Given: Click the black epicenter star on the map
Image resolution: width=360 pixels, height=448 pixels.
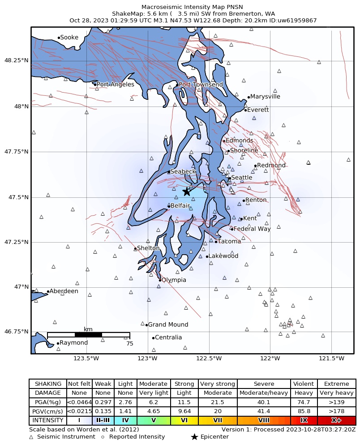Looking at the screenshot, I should click(186, 192).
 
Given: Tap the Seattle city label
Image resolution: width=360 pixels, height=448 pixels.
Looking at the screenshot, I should click(241, 178).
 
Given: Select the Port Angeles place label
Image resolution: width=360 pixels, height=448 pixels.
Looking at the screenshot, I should click(115, 84).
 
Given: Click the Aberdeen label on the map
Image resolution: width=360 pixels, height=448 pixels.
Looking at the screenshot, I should click(64, 291).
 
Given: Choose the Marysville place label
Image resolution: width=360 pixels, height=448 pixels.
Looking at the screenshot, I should click(265, 97).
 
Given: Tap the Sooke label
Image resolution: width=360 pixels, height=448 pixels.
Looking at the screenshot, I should click(69, 38).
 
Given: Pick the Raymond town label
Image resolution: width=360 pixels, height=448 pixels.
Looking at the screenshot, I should click(73, 343).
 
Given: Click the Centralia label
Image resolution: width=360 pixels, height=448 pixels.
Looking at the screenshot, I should click(168, 337).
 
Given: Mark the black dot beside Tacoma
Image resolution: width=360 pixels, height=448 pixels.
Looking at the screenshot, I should click(216, 242).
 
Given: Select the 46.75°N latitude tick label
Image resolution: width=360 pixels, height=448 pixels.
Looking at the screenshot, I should click(16, 332).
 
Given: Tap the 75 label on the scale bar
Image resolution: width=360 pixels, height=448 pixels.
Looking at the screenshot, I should click(130, 344).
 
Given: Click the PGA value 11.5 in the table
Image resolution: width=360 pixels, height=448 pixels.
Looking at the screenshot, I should click(184, 402).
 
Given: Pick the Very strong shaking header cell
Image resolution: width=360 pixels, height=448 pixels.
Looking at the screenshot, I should click(217, 384).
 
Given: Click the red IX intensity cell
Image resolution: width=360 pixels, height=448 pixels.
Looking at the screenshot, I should click(304, 421).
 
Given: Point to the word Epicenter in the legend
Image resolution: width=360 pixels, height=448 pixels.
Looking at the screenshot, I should click(214, 437).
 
